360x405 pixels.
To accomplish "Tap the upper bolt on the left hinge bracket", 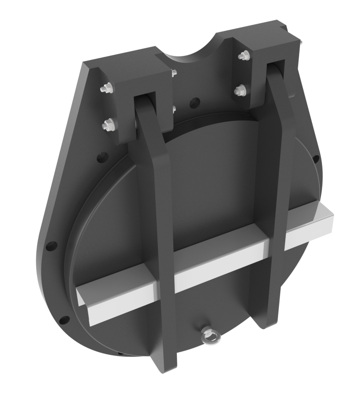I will coord(106,89).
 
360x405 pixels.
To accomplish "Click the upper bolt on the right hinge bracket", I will coord(244,56).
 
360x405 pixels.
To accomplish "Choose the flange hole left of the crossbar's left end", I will coord(52,246).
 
